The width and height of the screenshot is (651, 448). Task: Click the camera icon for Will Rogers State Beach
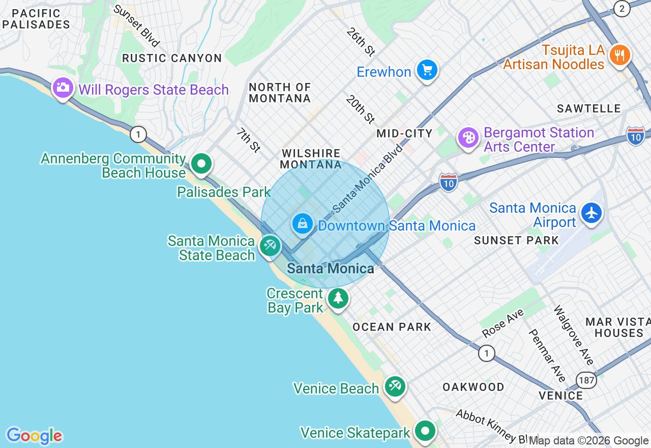click(63, 88)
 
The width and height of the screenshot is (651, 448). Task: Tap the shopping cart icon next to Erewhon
click(427, 70)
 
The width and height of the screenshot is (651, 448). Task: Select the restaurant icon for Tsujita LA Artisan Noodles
click(619, 54)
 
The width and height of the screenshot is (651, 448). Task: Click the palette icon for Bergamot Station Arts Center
click(468, 138)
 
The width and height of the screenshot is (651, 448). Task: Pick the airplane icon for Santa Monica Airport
click(591, 213)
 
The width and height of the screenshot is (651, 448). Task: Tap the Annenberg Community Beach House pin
click(202, 164)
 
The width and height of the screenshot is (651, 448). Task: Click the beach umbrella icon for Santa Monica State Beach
click(270, 246)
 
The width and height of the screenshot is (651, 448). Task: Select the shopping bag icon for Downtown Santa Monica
click(303, 223)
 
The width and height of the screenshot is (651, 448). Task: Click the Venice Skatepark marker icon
click(425, 431)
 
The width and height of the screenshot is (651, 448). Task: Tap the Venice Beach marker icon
click(395, 386)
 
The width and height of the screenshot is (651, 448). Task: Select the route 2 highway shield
click(622, 8)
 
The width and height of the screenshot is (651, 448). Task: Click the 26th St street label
click(361, 41)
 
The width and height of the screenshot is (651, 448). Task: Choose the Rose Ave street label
click(502, 323)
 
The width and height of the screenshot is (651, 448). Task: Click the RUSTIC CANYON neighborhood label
click(172, 58)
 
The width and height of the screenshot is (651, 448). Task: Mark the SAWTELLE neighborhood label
click(588, 108)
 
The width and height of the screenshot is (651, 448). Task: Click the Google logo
click(34, 436)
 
